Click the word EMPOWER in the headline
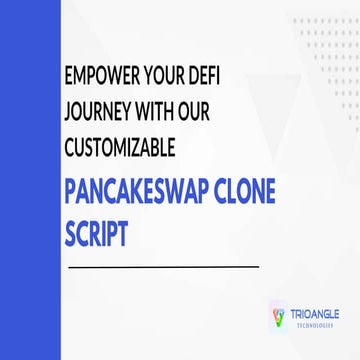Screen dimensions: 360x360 [x=101, y=78]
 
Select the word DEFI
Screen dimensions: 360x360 [x=228, y=78]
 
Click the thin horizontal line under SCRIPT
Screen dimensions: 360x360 [x=161, y=266]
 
